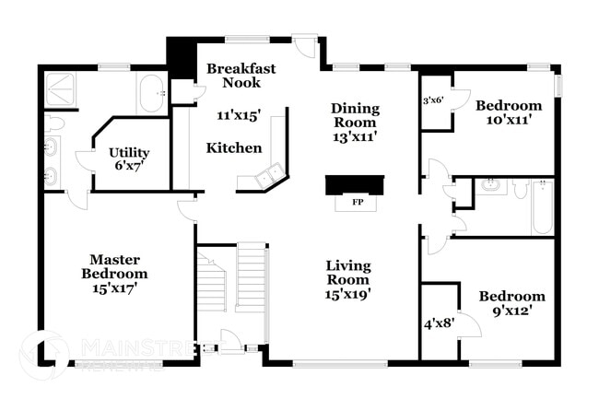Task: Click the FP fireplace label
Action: tap(355, 201)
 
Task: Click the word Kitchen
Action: tap(233, 147)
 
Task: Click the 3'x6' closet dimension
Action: tap(433, 100)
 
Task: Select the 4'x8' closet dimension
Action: tap(438, 323)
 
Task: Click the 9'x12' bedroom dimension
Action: tap(511, 311)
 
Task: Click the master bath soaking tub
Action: tap(152, 92)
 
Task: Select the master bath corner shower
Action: tap(62, 88)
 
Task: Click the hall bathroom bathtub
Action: tap(542, 207)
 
